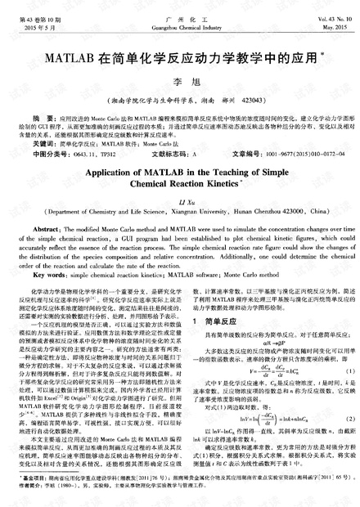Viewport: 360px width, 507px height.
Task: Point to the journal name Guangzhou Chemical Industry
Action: pos(179,26)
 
